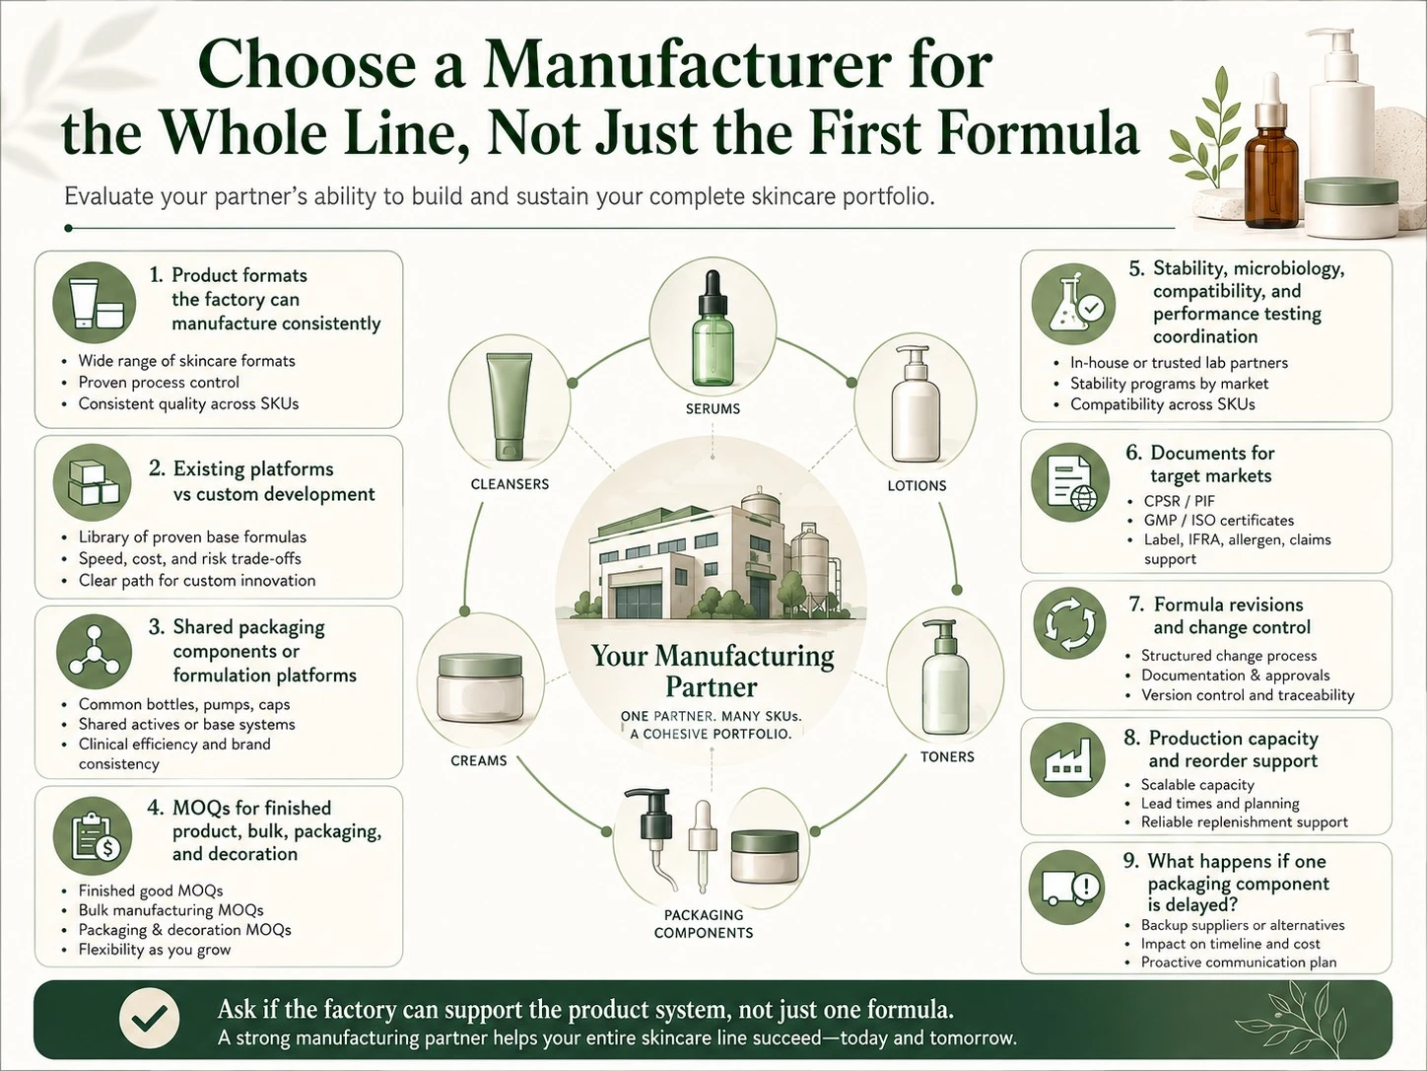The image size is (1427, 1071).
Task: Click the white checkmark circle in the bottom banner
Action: tap(150, 1019)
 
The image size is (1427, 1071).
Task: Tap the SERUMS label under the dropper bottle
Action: tap(713, 409)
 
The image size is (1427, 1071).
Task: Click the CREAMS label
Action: tap(479, 760)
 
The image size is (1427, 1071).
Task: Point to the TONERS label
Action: tap(947, 757)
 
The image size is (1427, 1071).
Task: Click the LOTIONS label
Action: tap(917, 486)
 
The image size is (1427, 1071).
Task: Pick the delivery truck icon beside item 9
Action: tap(1067, 887)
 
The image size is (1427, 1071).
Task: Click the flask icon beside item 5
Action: tap(1073, 304)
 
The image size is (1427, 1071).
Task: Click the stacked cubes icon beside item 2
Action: tap(93, 482)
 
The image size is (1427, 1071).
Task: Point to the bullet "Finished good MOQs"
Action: tap(151, 891)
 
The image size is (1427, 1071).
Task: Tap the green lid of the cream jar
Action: tap(481, 666)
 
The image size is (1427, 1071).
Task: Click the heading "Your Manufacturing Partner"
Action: tap(713, 671)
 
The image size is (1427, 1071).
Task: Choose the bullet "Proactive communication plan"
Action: tap(1239, 963)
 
